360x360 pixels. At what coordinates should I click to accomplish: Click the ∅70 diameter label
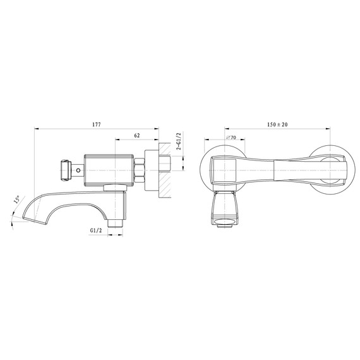tap(230, 137)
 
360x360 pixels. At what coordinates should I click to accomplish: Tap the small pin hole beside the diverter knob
tap(78, 169)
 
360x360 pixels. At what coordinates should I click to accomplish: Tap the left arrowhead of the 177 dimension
tap(37, 129)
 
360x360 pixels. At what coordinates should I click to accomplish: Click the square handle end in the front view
tap(222, 169)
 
